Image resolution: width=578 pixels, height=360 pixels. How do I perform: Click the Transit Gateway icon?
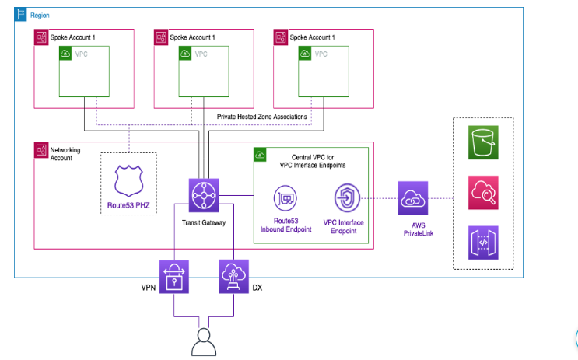point(205,194)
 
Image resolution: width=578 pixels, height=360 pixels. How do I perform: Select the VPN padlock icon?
point(174,276)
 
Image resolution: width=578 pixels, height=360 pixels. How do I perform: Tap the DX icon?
point(233,276)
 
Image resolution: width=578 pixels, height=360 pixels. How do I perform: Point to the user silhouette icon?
point(204,340)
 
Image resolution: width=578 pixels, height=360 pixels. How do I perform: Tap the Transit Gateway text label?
point(205,223)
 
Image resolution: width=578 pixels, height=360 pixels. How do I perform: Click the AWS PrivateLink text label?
point(413,228)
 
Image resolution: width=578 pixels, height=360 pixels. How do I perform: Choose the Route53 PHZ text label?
point(128,207)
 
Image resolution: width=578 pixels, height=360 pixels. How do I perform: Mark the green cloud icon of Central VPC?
point(260,156)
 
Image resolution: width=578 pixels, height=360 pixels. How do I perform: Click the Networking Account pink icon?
point(40,148)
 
